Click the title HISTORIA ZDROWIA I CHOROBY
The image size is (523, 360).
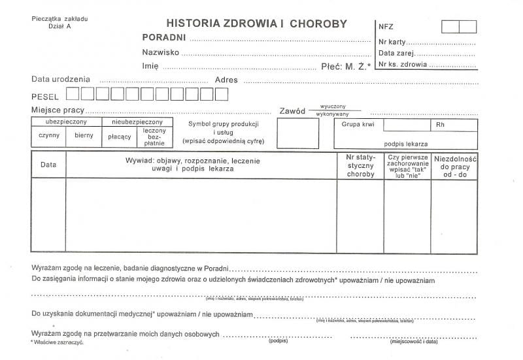click(x=257, y=24)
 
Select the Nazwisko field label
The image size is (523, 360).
click(x=161, y=52)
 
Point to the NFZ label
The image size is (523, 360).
click(x=386, y=27)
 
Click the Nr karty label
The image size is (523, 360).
click(x=392, y=42)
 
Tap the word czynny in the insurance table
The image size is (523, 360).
click(x=49, y=136)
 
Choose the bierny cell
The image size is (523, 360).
click(x=84, y=136)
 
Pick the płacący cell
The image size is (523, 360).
click(x=120, y=136)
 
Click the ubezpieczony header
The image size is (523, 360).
click(x=66, y=122)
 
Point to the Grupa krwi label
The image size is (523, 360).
click(x=354, y=124)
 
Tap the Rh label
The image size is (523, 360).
click(x=439, y=124)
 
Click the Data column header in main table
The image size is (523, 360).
click(x=48, y=165)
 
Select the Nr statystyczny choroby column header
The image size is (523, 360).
click(x=360, y=166)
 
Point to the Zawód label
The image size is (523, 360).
click(x=292, y=111)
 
